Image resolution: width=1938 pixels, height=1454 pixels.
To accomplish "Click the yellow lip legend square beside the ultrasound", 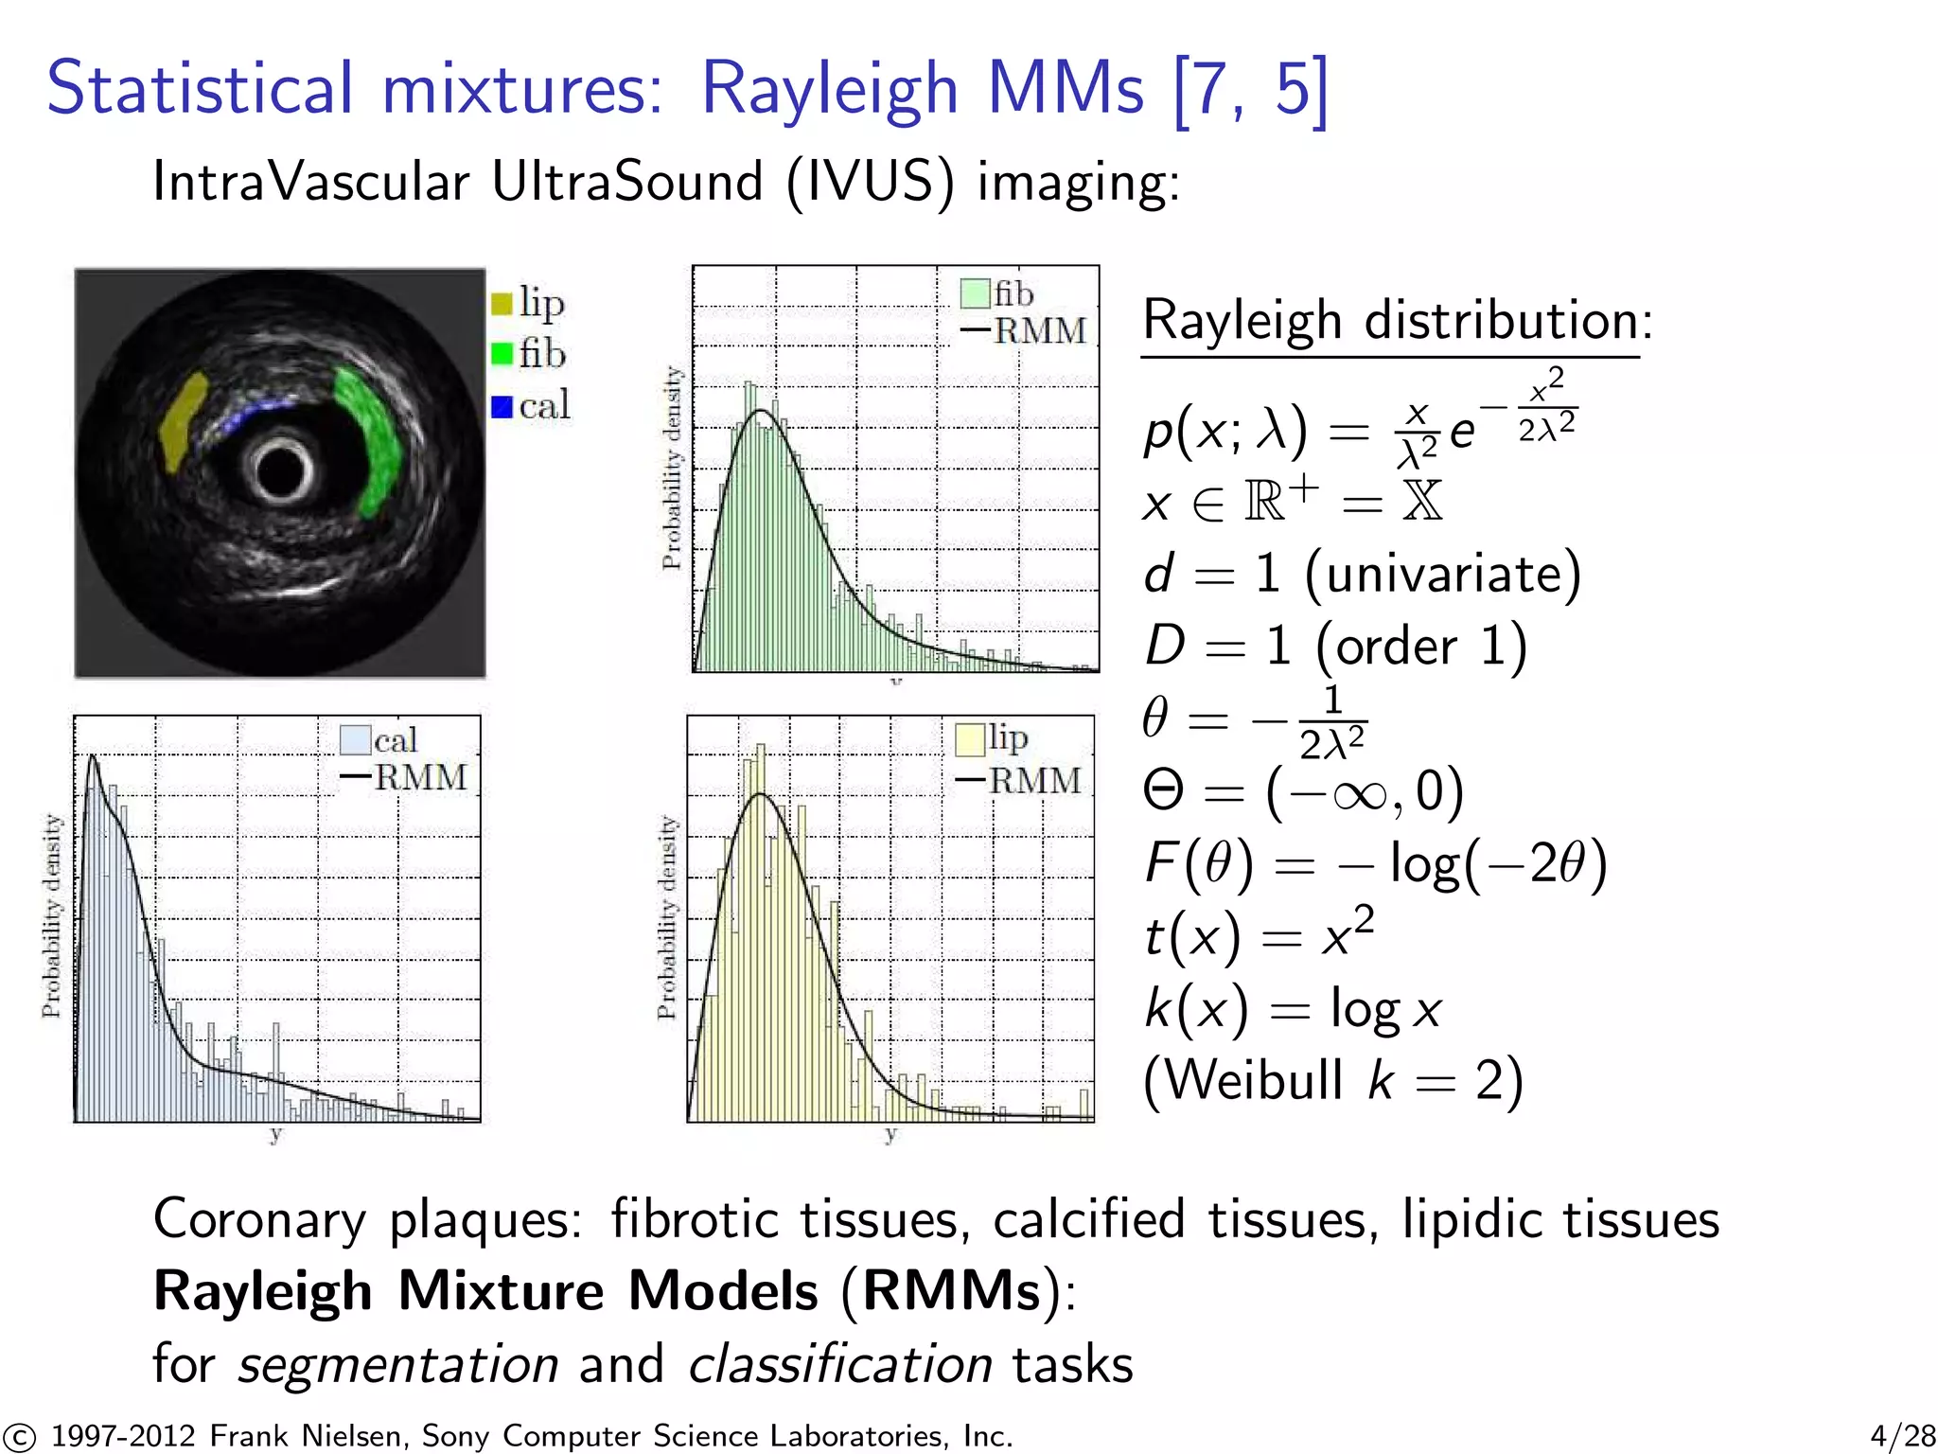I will pos(502,304).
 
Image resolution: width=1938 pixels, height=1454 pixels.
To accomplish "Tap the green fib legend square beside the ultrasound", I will pos(502,355).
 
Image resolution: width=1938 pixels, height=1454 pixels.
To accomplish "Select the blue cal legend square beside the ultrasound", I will pos(502,407).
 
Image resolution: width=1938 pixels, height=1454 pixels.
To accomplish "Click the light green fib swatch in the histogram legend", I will pos(975,293).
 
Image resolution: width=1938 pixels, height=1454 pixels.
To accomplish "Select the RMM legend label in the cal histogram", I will pos(421,777).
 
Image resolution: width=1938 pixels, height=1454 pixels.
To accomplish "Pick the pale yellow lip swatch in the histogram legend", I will pos(970,739).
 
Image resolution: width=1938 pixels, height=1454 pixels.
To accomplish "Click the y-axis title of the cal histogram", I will pos(51,916).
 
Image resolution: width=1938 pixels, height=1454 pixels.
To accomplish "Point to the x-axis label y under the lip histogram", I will pos(890,1134).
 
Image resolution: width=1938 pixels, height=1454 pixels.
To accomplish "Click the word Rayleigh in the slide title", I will pos(829,88).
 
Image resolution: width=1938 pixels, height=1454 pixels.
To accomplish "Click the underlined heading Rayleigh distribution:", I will pos(1397,320).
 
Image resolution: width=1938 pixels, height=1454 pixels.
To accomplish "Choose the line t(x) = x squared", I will pos(1259,935).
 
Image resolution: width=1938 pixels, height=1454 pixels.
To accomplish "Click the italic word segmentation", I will pos(397,1364).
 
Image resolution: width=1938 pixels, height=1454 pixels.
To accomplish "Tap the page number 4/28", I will pos(1902,1436).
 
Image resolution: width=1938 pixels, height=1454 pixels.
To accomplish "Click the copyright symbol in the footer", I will pos(18,1437).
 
